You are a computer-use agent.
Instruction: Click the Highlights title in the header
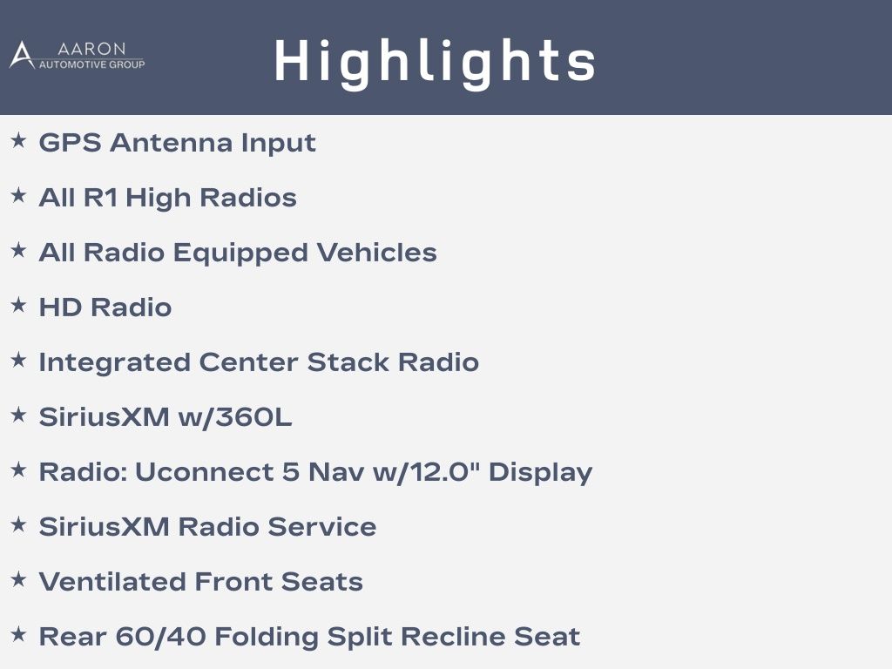point(435,62)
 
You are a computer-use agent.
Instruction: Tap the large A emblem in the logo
point(22,55)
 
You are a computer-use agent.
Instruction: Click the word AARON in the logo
point(91,49)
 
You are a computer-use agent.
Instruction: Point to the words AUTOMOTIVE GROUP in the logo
point(91,64)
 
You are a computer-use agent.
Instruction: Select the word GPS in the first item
point(70,143)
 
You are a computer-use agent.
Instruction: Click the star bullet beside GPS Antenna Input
point(19,140)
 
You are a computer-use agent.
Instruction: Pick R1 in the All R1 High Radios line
point(100,198)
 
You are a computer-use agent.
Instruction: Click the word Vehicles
point(376,253)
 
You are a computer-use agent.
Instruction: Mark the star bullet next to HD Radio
point(19,305)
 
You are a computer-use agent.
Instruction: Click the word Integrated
point(114,363)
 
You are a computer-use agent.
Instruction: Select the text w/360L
point(235,417)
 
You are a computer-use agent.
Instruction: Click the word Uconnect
point(204,472)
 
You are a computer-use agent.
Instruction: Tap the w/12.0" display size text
point(426,472)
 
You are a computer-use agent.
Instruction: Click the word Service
point(322,527)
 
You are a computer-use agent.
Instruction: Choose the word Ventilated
point(112,582)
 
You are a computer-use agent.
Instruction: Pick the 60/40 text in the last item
point(160,637)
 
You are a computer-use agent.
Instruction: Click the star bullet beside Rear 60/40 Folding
point(19,634)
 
